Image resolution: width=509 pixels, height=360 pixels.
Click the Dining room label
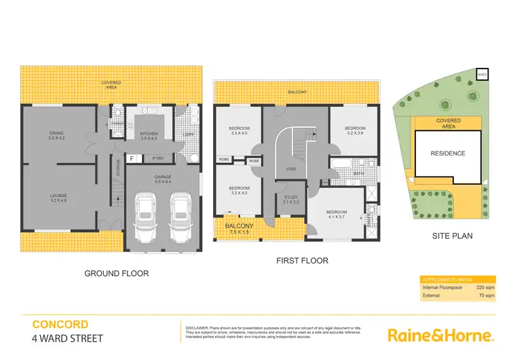point(57,135)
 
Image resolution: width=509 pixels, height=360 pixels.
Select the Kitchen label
point(149,136)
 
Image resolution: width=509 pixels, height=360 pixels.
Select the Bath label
point(359,173)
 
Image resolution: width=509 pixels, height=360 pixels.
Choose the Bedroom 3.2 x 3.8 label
point(355,131)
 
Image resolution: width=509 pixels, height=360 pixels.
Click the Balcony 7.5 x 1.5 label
point(240,229)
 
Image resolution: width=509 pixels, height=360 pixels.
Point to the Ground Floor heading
point(116,274)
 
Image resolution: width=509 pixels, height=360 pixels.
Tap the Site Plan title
point(452,236)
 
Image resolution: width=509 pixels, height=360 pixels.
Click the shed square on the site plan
point(482,74)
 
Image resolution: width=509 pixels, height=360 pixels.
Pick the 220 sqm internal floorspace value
point(485,288)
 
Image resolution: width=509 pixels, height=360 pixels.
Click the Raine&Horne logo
point(439,335)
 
